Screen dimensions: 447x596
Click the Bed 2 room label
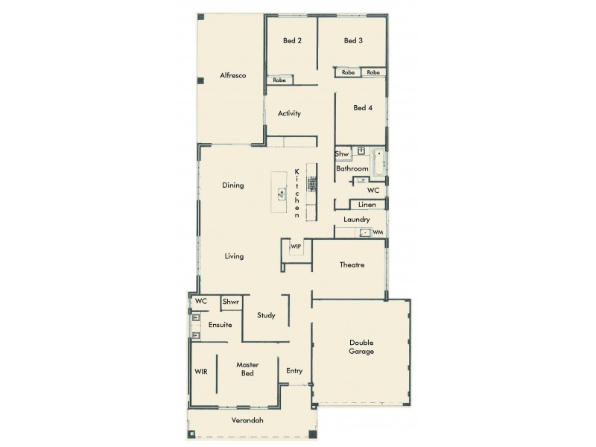coord(291,41)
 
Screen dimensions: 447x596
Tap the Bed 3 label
coord(353,41)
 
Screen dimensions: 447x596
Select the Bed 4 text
coord(363,108)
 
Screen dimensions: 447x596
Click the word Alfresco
coord(232,76)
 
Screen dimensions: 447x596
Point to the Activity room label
coord(289,114)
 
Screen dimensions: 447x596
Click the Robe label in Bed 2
coord(279,80)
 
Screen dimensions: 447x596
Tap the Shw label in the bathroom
coord(342,154)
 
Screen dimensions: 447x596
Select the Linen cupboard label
coord(367,204)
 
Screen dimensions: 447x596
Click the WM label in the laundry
coord(378,232)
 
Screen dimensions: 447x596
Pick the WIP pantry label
coord(296,246)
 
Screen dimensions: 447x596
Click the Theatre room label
coord(352,265)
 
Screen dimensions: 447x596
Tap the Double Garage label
coord(361,347)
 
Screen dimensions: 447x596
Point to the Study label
coord(266,315)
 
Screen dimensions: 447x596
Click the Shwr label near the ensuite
coord(230,302)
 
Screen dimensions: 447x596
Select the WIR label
coord(200,370)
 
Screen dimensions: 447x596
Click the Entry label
coord(294,370)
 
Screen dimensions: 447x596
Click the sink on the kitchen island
coord(282,193)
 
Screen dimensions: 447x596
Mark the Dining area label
coord(233,186)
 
